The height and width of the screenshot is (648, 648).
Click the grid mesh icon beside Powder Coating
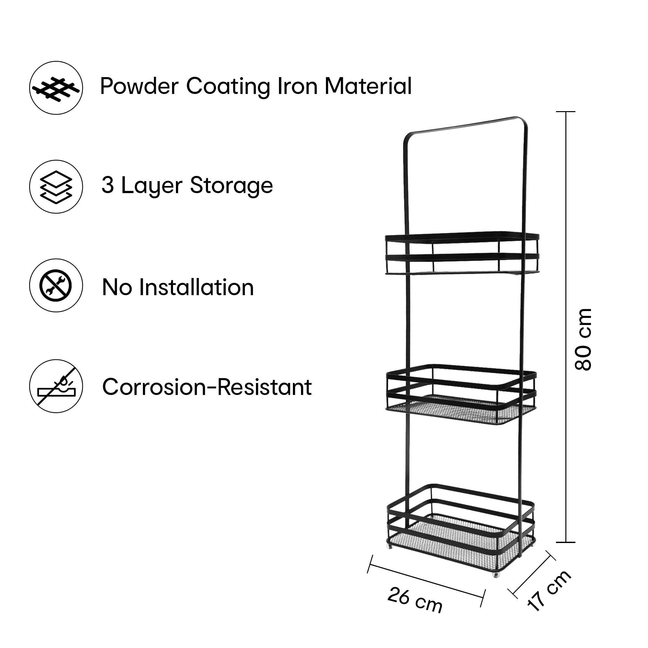tap(56, 88)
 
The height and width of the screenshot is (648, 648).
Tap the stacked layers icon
tap(56, 187)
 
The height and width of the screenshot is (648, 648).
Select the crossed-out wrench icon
tap(56, 285)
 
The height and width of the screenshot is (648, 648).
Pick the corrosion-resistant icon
tap(56, 386)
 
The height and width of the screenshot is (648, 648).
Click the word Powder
tap(139, 86)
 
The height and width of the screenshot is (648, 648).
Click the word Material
tap(368, 86)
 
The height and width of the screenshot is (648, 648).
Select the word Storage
tap(231, 185)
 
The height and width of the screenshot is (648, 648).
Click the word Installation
tap(197, 287)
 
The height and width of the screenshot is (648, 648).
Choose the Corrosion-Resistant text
tap(207, 387)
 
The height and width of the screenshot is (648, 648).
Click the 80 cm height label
tap(583, 340)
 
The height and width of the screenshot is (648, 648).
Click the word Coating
tap(228, 86)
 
